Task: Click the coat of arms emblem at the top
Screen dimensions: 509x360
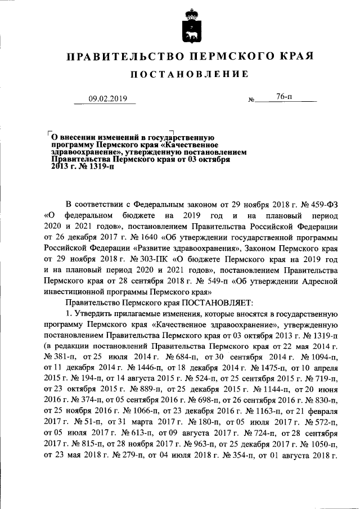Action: [x=191, y=26]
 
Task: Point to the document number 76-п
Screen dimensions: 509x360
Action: [x=284, y=97]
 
